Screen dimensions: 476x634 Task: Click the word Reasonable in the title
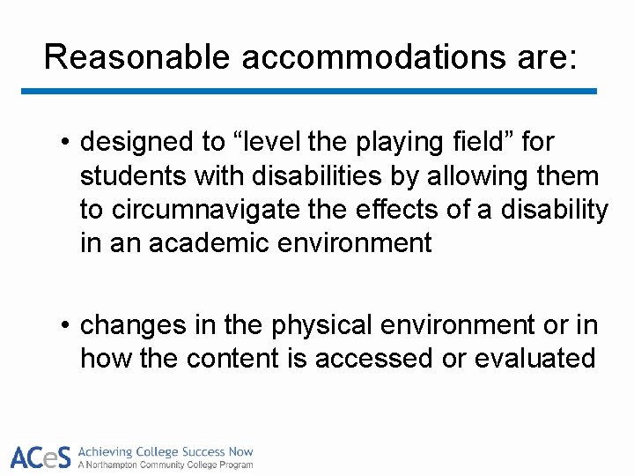[136, 57]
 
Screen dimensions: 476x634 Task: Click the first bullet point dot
[65, 143]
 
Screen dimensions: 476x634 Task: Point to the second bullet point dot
[65, 327]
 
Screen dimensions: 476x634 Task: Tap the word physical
[322, 326]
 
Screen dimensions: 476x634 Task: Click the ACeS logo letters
[41, 457]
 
